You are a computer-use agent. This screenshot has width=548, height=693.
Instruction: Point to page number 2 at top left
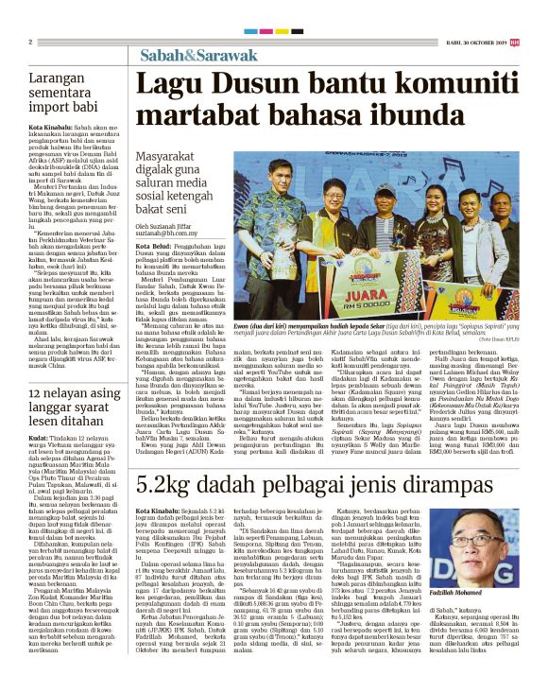click(30, 42)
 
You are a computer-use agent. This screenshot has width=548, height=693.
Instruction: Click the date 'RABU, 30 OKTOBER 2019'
click(476, 42)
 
